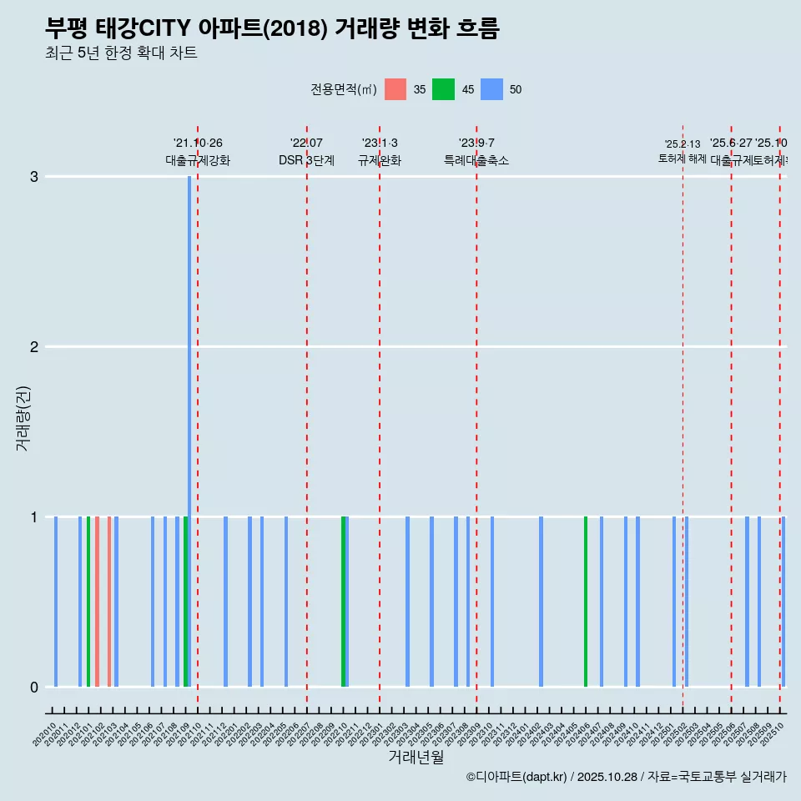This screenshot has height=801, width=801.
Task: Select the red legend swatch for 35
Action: coord(395,89)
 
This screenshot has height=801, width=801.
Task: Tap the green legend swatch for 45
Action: coord(443,89)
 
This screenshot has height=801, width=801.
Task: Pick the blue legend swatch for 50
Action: coord(492,89)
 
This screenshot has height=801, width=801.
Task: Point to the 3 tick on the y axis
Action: coord(34,177)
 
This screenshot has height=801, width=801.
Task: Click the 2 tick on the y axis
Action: coord(34,347)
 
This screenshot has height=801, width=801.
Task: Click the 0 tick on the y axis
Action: coord(34,688)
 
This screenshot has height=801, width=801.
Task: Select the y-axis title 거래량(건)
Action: coord(23,418)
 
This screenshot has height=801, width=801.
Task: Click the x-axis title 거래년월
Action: coord(416,757)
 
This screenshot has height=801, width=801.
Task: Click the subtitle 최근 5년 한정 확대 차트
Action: coord(121,53)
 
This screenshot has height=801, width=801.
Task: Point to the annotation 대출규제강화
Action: coord(198,160)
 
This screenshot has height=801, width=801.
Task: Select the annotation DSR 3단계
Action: coord(306,160)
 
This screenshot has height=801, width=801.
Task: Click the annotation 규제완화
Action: coord(380,160)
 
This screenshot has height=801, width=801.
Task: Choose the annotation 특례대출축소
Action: coord(476,160)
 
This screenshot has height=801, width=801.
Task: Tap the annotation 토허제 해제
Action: coord(683,159)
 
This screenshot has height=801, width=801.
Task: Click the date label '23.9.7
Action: coord(476,144)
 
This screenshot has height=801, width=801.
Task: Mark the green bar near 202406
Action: coord(586,602)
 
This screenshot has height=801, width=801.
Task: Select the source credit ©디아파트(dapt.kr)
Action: coord(516,777)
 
